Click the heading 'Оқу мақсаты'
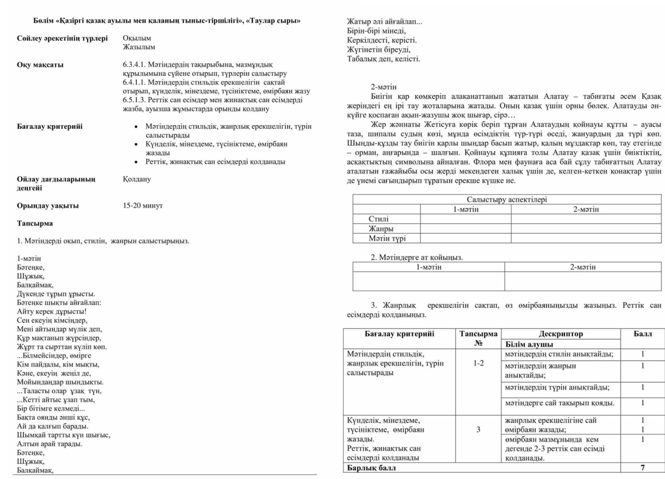coord(40,65)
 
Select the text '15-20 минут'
coord(142,205)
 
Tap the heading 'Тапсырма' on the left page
coord(35,223)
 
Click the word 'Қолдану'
coord(137,179)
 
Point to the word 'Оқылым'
coord(137,38)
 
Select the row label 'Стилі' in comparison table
coord(378,219)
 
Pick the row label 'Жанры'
coord(381,229)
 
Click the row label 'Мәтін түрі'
coord(387,238)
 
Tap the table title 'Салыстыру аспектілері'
coord(507,199)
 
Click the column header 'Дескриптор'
coord(561,334)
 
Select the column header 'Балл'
coord(642,334)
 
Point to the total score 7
coord(642,468)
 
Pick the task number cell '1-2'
coord(478,363)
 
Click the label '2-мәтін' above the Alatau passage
coord(384,87)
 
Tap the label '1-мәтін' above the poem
coord(29,259)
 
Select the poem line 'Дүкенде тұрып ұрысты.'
coord(56,294)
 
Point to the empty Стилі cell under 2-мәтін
coord(586,219)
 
